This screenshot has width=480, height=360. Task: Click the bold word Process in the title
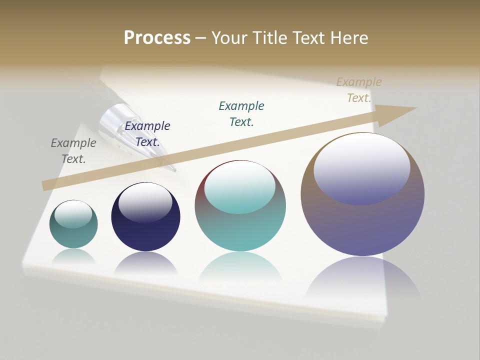point(157,38)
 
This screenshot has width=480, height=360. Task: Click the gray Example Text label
point(73,151)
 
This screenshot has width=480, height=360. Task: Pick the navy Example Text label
point(147,134)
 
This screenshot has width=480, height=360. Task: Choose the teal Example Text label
point(241,113)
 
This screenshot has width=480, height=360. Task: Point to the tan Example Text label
point(359,90)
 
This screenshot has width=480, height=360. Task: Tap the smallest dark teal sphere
point(73,235)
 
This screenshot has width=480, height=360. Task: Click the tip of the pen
point(173,170)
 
